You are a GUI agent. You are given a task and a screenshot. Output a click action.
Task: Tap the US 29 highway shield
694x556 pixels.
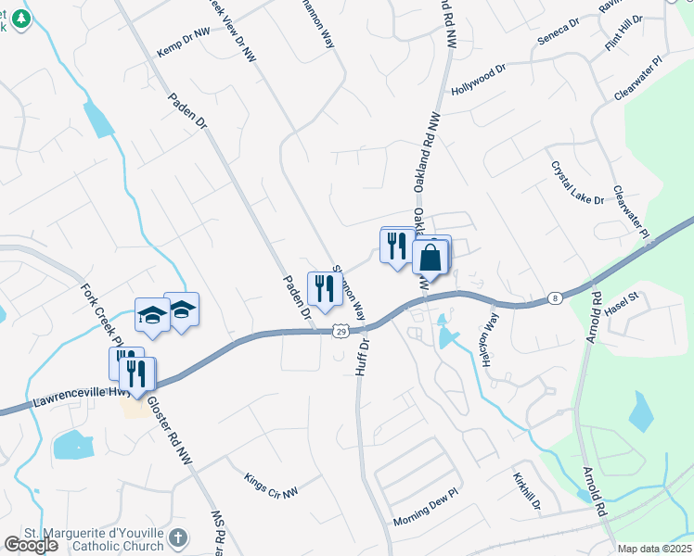tap(341, 331)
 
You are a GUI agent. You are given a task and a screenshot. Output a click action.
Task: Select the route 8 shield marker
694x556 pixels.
tap(554, 297)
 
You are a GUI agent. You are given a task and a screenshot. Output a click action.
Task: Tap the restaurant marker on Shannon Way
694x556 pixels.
tap(324, 288)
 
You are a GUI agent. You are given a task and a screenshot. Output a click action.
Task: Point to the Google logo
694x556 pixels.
tap(30, 545)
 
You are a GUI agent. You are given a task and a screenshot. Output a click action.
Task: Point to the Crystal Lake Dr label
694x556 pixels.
tap(577, 183)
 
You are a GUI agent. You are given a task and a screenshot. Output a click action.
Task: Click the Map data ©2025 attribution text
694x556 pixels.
tap(654, 549)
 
